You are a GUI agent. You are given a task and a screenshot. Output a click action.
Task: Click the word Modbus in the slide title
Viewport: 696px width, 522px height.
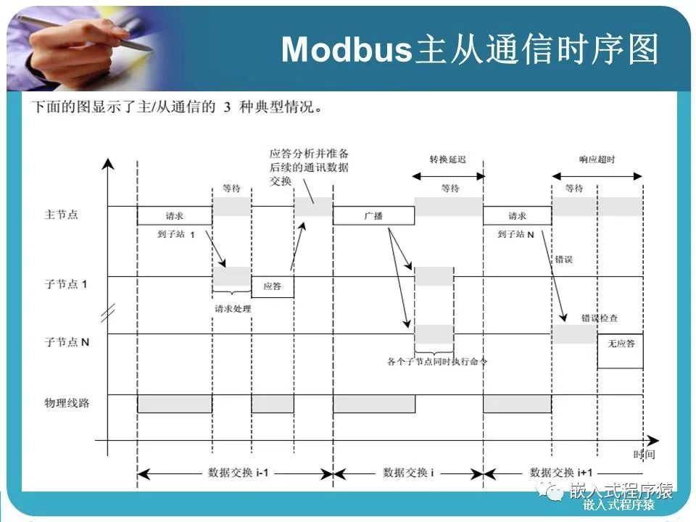click(346, 50)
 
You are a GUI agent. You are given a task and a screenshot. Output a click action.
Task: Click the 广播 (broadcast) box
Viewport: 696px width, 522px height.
click(373, 215)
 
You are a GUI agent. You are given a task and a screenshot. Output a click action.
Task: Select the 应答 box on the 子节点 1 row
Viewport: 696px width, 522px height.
click(273, 286)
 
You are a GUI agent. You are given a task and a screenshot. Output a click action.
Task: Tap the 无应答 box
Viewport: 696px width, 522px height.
click(620, 343)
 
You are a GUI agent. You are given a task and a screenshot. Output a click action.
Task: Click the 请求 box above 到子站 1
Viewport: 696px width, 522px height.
click(174, 215)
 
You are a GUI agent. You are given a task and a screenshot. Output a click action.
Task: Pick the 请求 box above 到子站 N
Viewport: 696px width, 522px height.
click(517, 215)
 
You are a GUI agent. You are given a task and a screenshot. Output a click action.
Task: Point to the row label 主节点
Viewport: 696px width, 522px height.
click(62, 215)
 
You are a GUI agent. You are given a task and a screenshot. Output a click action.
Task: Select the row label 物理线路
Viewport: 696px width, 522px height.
click(67, 402)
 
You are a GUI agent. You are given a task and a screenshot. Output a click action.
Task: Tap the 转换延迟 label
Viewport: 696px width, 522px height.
click(447, 159)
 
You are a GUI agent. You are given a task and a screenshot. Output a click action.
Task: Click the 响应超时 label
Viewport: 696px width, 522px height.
click(597, 159)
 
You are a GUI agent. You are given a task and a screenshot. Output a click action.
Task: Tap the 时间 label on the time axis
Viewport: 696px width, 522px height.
click(644, 455)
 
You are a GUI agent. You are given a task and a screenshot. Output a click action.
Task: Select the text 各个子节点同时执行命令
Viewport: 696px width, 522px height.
click(437, 360)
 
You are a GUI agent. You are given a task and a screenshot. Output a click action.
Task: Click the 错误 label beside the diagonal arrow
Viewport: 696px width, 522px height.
click(563, 258)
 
